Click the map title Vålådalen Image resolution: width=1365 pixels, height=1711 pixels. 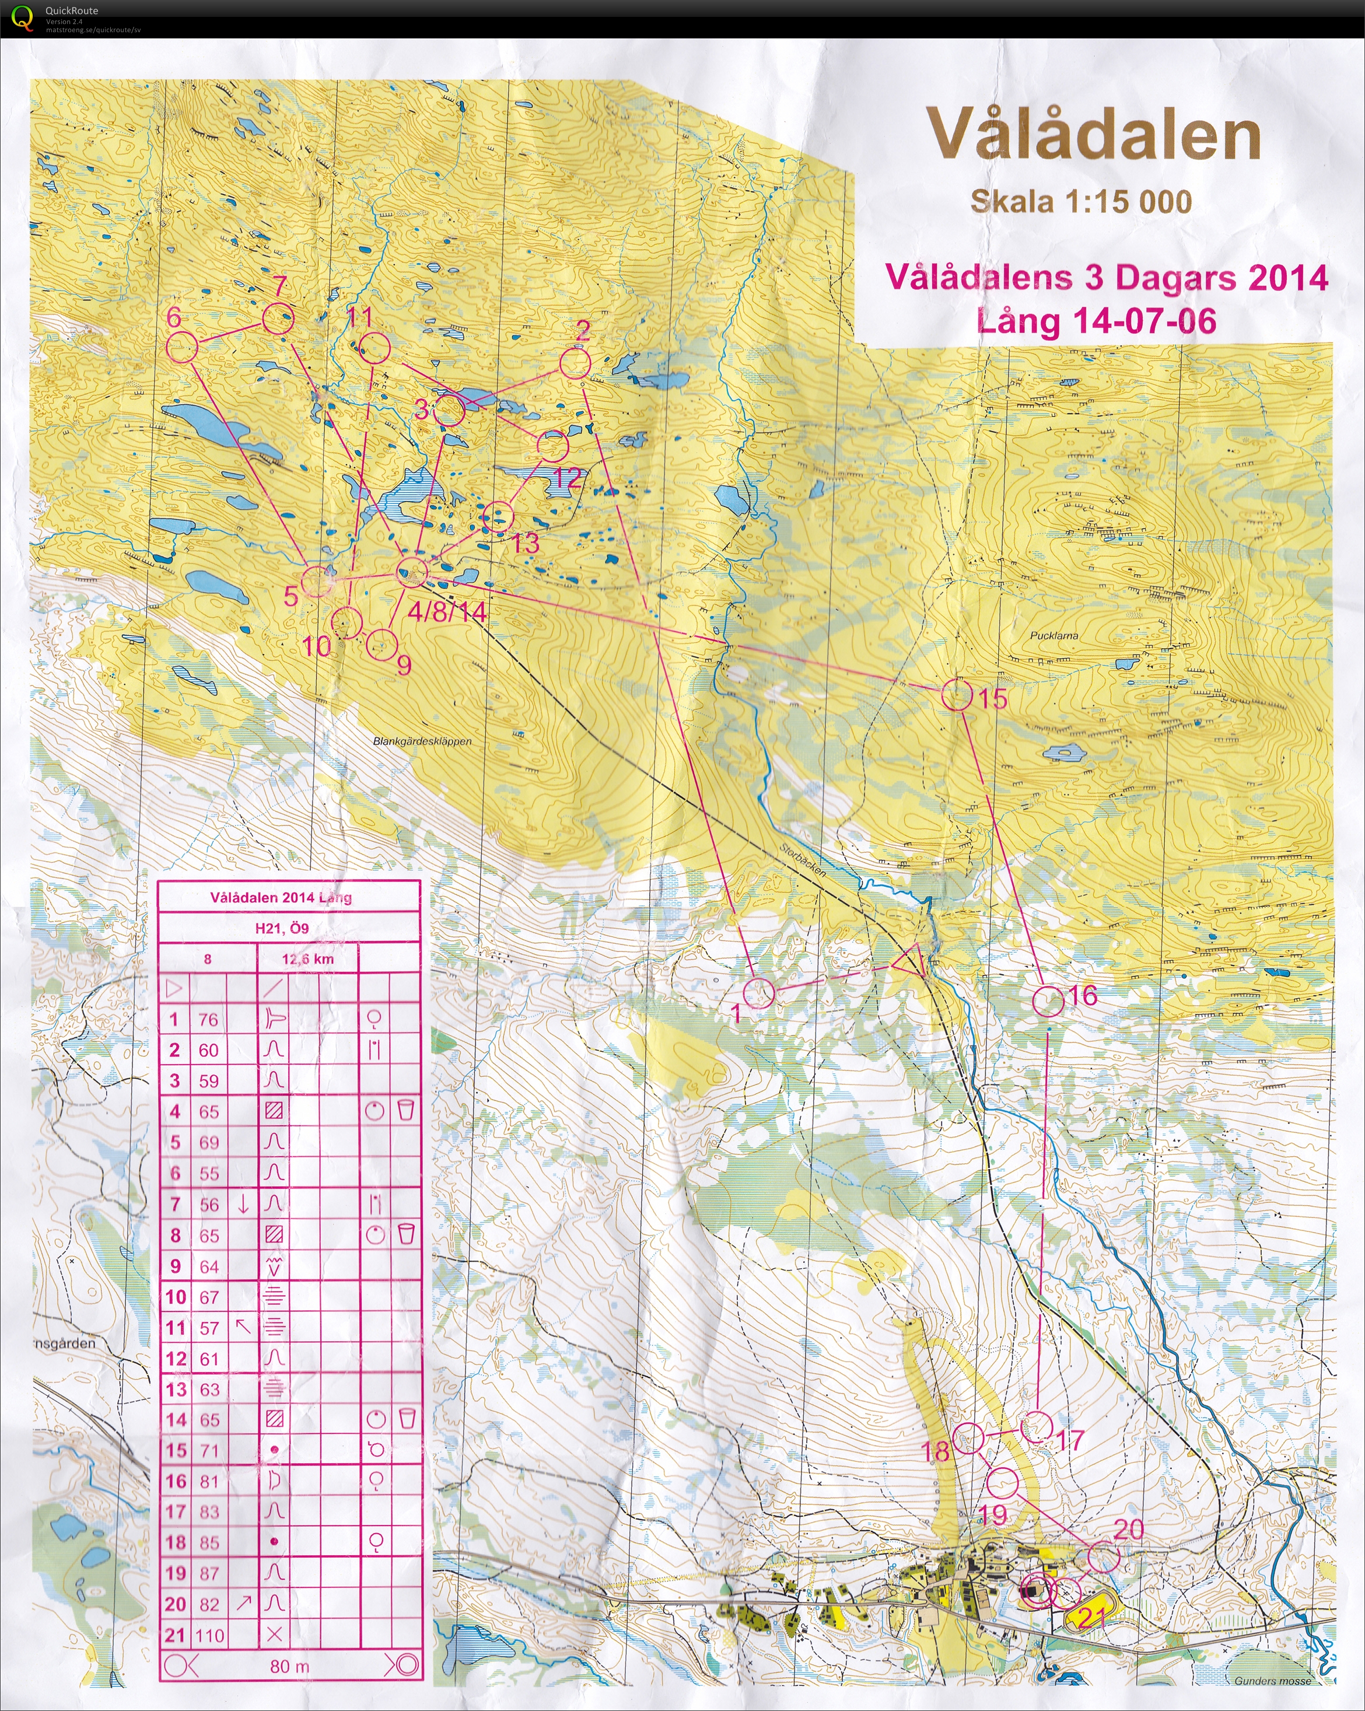point(1094,135)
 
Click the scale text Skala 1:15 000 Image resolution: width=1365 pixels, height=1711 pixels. point(1081,202)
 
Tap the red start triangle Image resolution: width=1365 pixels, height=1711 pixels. point(910,961)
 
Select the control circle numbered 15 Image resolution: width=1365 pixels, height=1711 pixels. point(957,696)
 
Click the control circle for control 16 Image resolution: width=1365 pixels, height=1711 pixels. point(1048,1002)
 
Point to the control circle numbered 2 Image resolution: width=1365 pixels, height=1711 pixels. point(575,365)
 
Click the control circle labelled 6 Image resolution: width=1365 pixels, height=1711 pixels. point(183,348)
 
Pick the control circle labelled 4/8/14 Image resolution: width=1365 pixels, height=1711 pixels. point(412,571)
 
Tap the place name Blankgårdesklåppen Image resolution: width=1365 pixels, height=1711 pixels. point(422,741)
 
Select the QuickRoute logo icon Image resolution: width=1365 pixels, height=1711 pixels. point(22,17)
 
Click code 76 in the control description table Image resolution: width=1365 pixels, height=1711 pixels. point(208,1020)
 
